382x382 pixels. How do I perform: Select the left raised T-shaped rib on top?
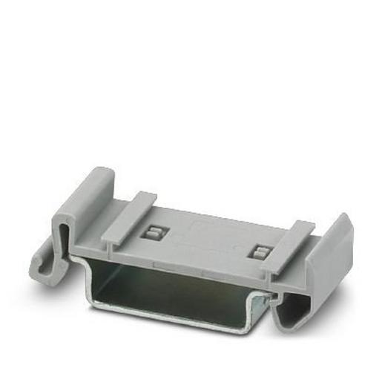tap(131, 216)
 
